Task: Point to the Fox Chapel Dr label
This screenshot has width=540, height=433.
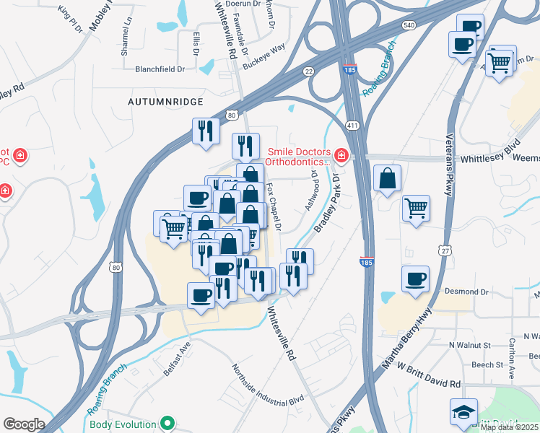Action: pyautogui.click(x=274, y=206)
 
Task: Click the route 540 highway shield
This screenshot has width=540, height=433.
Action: pyautogui.click(x=409, y=25)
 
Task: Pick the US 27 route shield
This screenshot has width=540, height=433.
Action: pyautogui.click(x=445, y=250)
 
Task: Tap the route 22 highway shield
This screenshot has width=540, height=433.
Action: pyautogui.click(x=308, y=71)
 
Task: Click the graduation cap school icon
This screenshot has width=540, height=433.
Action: pyautogui.click(x=463, y=412)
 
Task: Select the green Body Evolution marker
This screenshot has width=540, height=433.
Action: pyautogui.click(x=168, y=422)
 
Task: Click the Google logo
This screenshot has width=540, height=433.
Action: pyautogui.click(x=24, y=424)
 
